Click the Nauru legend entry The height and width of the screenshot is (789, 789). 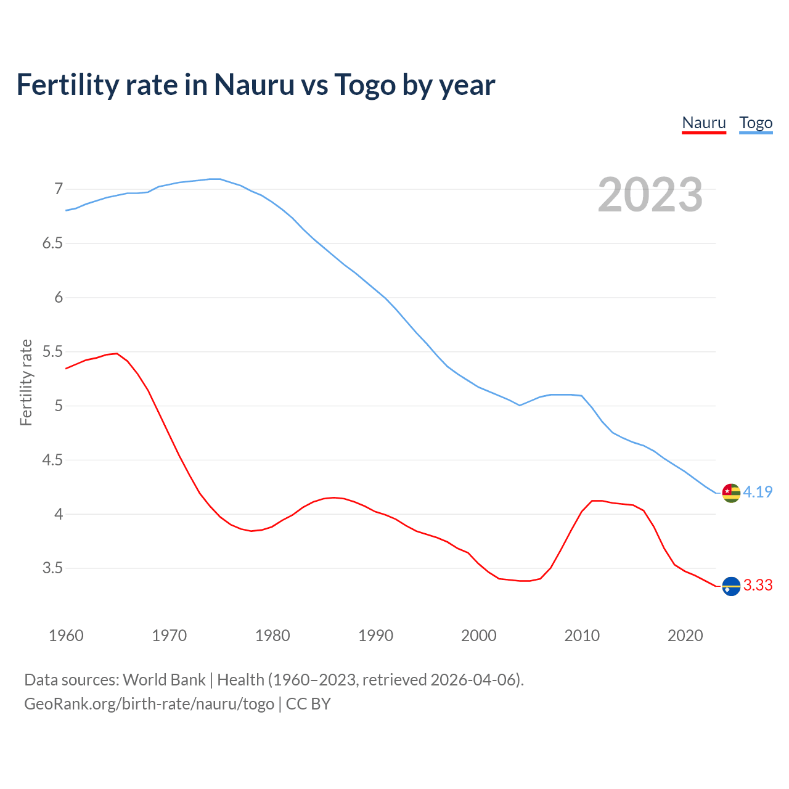(704, 123)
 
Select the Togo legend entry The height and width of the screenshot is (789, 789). (756, 123)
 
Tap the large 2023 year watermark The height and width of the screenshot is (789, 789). (650, 195)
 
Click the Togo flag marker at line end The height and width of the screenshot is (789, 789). (731, 493)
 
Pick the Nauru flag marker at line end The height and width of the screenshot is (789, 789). (731, 586)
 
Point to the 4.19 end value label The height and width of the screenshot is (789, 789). (758, 492)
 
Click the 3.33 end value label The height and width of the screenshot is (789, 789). (758, 585)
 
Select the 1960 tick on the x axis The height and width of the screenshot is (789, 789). (66, 636)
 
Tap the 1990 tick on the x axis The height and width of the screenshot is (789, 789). (375, 636)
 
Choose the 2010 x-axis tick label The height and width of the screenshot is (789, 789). (582, 636)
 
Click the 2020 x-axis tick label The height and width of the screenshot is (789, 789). (685, 636)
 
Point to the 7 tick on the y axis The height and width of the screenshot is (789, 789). (59, 189)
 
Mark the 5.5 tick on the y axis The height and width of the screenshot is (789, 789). (52, 352)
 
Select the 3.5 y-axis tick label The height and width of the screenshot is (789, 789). (52, 568)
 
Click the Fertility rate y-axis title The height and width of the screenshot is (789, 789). (26, 382)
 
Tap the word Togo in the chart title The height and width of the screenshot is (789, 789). (365, 85)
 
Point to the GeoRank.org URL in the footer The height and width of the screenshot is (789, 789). (149, 704)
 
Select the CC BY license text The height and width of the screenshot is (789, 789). (308, 704)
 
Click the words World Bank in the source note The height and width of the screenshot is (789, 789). (164, 680)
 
